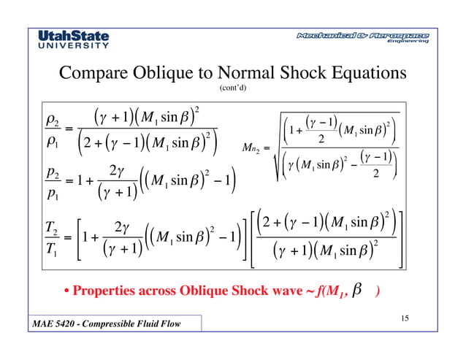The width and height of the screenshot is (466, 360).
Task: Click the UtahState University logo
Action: click(x=73, y=39)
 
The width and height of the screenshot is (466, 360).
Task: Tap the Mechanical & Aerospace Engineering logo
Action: click(x=362, y=38)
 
